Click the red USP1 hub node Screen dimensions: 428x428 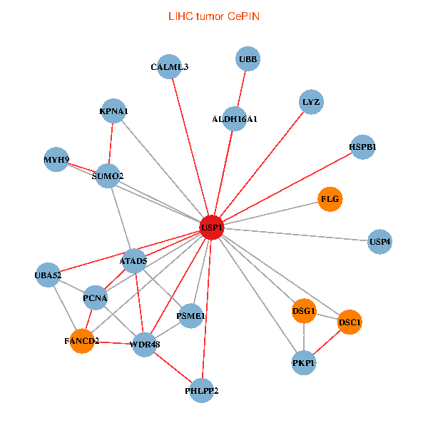click(x=213, y=228)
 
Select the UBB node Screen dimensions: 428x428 click(x=248, y=58)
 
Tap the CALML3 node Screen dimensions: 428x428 click(x=170, y=67)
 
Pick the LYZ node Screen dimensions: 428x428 click(x=311, y=102)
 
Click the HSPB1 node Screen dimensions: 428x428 click(x=362, y=148)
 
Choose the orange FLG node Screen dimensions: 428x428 click(x=330, y=199)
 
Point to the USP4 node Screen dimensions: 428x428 click(x=380, y=242)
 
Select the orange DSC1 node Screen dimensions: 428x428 click(x=350, y=322)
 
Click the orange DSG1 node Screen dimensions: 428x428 click(x=304, y=311)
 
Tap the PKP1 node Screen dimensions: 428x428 click(x=304, y=363)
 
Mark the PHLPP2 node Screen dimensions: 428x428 click(x=202, y=390)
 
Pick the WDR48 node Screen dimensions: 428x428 click(x=144, y=345)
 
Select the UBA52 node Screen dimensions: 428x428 click(x=49, y=275)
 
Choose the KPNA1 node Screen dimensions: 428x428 click(x=113, y=111)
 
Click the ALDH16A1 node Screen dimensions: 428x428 click(x=235, y=118)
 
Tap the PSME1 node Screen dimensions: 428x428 click(x=190, y=315)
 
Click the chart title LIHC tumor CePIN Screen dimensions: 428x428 click(x=213, y=15)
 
